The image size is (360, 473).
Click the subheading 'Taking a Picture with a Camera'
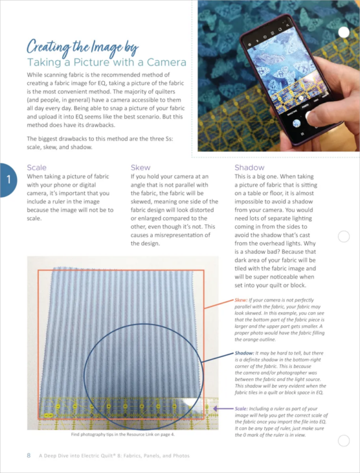[106, 63]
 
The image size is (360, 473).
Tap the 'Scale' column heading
[36, 167]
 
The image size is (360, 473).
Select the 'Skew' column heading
[141, 167]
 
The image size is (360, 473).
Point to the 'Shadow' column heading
[250, 167]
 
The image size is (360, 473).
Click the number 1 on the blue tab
[8, 178]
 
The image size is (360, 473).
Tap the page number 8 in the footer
[28, 456]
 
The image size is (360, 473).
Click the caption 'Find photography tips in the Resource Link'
[123, 433]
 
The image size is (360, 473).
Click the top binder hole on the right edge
[344, 32]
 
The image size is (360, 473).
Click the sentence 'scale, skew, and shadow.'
[60, 147]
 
